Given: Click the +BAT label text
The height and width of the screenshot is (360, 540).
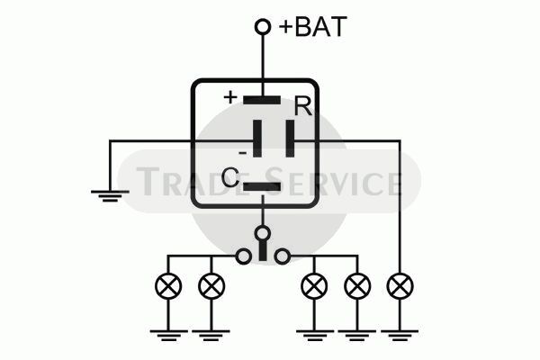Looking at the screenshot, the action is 312,26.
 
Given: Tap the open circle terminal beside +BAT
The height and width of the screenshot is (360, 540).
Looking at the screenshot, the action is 263,27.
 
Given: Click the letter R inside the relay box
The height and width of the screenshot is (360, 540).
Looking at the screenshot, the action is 303,106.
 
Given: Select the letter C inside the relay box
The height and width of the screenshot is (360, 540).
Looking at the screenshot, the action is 230,177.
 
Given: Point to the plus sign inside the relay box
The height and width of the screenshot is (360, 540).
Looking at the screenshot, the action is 230,97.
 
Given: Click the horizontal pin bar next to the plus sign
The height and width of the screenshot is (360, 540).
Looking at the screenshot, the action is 262,100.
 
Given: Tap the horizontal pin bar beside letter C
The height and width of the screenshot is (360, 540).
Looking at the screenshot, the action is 262,186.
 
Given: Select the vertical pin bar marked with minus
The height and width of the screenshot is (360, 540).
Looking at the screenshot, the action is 257,139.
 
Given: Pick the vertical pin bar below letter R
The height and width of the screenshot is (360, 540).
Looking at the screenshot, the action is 291,139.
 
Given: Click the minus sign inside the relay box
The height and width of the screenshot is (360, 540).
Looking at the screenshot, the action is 243,153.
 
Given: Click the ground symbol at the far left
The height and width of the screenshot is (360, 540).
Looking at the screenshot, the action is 110,195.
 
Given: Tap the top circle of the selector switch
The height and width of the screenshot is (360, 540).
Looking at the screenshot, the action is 263,233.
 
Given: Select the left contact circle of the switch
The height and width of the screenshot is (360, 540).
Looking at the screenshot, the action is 244,256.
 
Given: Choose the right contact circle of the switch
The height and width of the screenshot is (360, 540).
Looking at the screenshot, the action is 282,256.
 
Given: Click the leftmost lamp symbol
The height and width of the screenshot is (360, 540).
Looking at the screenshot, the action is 168,286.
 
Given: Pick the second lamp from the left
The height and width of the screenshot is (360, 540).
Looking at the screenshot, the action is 211,286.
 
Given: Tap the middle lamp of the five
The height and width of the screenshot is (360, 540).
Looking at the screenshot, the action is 314,286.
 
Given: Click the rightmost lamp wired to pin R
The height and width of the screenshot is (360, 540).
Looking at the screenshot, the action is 400,286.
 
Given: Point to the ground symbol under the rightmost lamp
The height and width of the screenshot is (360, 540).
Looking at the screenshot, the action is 400,335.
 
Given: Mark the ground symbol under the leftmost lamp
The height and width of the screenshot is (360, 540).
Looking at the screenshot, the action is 168,335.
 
